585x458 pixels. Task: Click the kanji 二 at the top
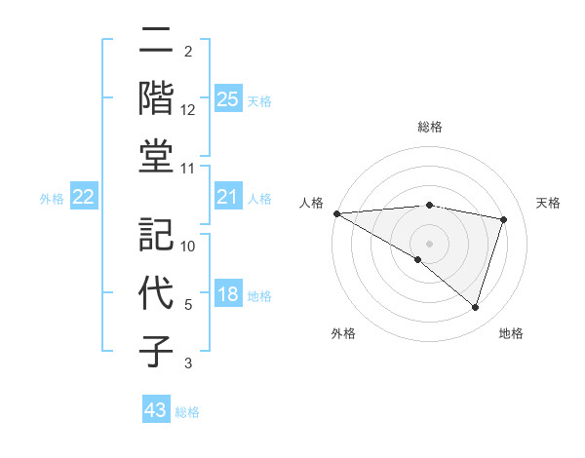(x=156, y=40)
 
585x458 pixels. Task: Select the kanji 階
(x=156, y=97)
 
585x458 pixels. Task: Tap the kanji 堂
(x=156, y=156)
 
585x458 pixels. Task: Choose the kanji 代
(x=156, y=293)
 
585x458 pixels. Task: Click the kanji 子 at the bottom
(x=156, y=352)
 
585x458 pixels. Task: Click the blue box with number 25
(x=227, y=98)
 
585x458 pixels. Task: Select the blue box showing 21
(x=227, y=198)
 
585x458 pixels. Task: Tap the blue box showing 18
(x=227, y=294)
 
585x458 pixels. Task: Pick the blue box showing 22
(x=84, y=198)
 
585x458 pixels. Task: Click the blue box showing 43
(x=155, y=410)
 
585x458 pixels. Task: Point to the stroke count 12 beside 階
(x=188, y=110)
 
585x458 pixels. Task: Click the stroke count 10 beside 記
(x=188, y=247)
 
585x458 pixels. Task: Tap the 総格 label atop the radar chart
(x=429, y=127)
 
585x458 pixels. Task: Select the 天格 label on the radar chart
(x=548, y=203)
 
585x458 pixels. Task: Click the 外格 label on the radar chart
(x=343, y=333)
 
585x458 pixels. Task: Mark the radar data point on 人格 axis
(x=336, y=212)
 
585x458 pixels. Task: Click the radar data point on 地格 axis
(x=475, y=308)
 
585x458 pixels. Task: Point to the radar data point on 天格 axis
(x=503, y=219)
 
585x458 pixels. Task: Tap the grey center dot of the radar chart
(x=429, y=243)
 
